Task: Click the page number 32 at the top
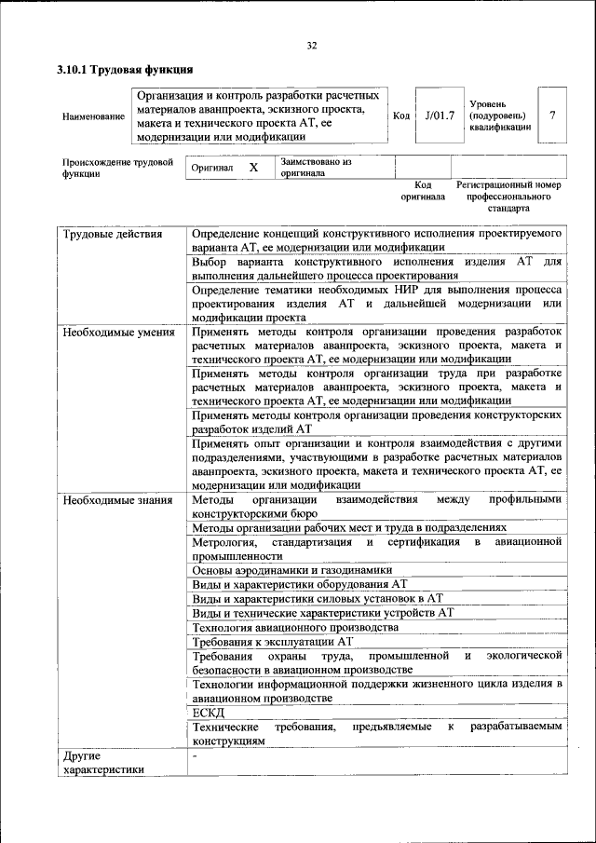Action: pos(312,46)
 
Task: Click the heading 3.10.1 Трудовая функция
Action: pos(124,70)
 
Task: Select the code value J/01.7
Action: pos(439,116)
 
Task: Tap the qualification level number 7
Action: pos(552,116)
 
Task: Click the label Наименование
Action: pos(92,116)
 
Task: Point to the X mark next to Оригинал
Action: pos(252,168)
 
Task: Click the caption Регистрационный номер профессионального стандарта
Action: pos(508,197)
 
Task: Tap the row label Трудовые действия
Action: pos(112,234)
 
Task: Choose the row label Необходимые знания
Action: pos(117,500)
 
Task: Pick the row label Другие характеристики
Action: pos(103,762)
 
